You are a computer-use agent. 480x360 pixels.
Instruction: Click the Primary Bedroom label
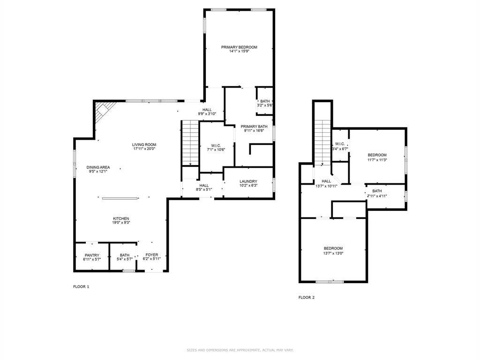(239, 47)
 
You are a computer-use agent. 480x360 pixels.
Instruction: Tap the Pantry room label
(92, 255)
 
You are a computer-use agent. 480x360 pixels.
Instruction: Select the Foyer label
(151, 255)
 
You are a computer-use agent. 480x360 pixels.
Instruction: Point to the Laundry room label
(248, 181)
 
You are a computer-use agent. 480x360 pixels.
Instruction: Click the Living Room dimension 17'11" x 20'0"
(144, 149)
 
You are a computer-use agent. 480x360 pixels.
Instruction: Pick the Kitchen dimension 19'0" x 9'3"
(121, 223)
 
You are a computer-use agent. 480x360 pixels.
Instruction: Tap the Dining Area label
(98, 167)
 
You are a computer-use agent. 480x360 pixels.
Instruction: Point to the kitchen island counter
(120, 198)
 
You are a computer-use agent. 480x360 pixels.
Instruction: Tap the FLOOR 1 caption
(81, 286)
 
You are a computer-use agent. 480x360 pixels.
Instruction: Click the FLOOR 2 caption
(307, 297)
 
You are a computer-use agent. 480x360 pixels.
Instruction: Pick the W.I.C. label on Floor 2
(340, 144)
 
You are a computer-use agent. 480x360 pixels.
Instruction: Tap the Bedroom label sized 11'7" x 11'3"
(377, 155)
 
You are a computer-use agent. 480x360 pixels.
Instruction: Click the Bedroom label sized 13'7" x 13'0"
(333, 248)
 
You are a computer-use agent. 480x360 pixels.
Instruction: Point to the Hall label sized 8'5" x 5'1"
(204, 185)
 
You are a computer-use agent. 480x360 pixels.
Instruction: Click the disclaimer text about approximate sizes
(240, 350)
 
